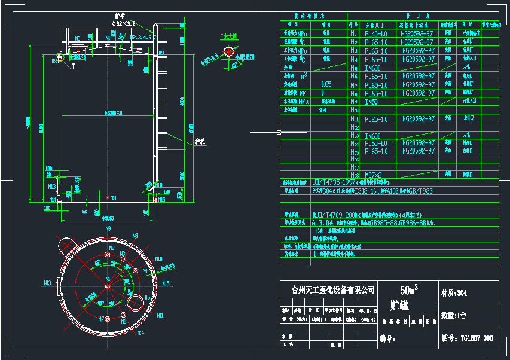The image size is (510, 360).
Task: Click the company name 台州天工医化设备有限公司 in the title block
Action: pos(333,290)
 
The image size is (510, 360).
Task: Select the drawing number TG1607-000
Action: pos(476,338)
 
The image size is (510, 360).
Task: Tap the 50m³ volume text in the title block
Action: pos(409,289)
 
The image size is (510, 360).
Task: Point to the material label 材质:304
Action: pos(454,293)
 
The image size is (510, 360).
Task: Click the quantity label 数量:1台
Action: pos(454,315)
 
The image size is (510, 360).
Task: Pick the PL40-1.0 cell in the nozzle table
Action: pos(376,34)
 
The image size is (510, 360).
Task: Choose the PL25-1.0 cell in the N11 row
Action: pos(376,119)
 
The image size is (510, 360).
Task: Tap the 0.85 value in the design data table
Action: pos(326,85)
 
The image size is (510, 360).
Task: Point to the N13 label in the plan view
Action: pos(48,283)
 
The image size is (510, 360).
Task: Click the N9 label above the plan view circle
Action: pos(108,228)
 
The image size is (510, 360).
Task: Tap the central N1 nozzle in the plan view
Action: pos(108,286)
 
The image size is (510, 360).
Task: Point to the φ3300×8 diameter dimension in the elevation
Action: pos(112,112)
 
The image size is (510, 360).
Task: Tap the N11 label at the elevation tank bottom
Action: pos(112,197)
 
